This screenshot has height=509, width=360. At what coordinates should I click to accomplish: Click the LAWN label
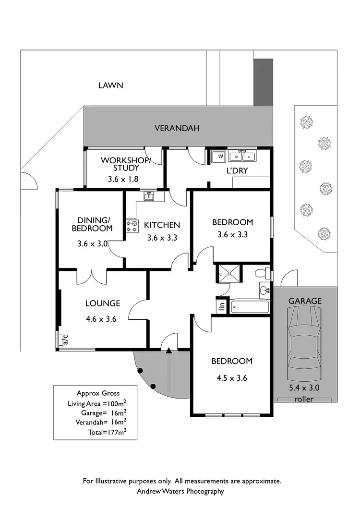[x=111, y=85]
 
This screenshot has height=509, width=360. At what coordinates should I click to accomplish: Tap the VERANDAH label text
[x=177, y=128]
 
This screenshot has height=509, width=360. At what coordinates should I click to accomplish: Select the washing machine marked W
[x=218, y=157]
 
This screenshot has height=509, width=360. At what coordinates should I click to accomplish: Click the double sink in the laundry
[x=242, y=156]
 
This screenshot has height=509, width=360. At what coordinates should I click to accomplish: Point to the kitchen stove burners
[x=131, y=226]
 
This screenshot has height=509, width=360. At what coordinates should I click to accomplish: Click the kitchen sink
[x=148, y=195]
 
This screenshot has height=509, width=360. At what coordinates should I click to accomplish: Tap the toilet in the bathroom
[x=262, y=274]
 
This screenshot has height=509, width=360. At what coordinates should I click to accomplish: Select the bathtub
[x=250, y=306]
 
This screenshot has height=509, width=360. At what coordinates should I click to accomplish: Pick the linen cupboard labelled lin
[x=221, y=305]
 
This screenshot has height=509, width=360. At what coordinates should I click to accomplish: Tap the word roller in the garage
[x=304, y=399]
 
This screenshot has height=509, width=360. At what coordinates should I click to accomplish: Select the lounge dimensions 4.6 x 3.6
[x=102, y=318]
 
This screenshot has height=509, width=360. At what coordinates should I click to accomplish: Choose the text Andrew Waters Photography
[x=180, y=491]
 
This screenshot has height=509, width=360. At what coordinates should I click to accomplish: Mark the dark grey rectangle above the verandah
[x=263, y=82]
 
